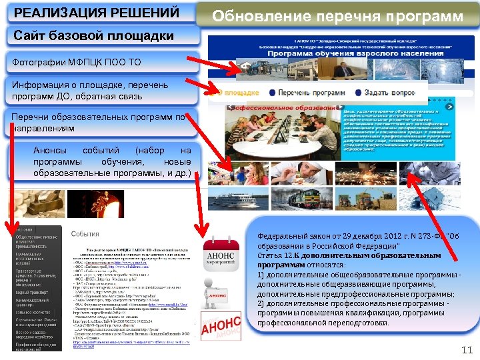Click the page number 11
click(x=466, y=349)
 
